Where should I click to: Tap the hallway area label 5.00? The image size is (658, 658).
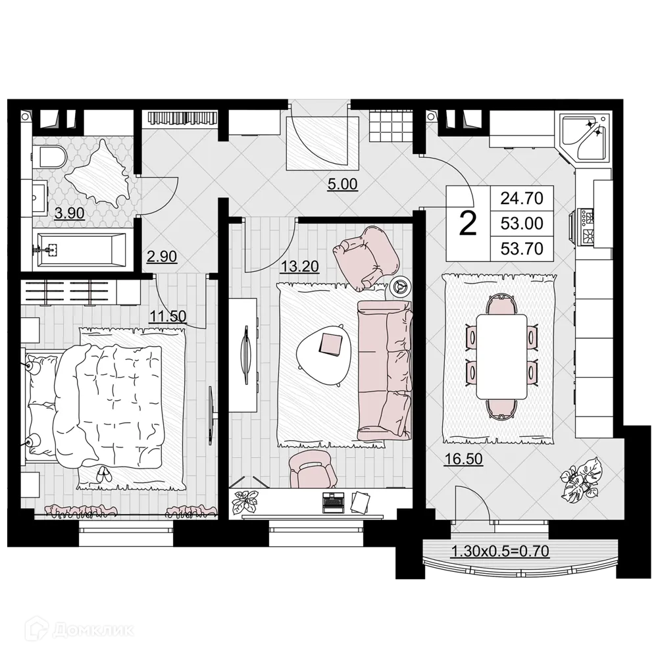tap(342, 184)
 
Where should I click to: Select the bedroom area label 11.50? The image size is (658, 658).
tap(166, 316)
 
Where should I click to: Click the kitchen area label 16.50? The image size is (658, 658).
tap(463, 459)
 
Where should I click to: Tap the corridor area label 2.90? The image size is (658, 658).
tap(161, 257)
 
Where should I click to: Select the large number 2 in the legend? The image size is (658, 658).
tap(467, 224)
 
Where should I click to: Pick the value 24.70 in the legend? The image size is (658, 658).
tap(522, 197)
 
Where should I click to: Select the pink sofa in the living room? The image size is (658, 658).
tap(385, 368)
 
